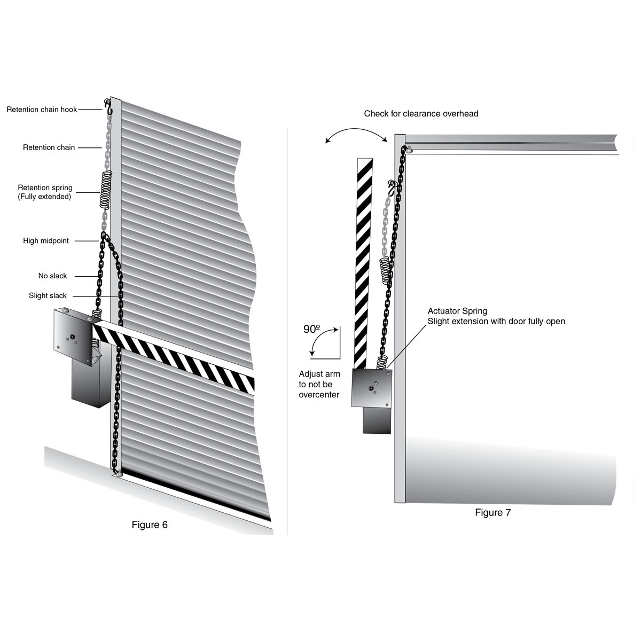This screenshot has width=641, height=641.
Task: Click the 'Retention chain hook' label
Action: click(x=42, y=110)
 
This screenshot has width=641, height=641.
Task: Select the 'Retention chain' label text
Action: click(x=49, y=147)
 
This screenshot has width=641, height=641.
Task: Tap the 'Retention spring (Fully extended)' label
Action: click(x=45, y=192)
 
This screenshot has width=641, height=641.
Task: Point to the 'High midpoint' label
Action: click(x=46, y=241)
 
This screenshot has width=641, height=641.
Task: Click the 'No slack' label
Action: click(x=53, y=276)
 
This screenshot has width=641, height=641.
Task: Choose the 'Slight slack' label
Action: click(x=48, y=296)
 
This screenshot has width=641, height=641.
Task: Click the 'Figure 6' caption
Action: click(x=150, y=525)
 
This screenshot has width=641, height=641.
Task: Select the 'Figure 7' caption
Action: click(x=493, y=513)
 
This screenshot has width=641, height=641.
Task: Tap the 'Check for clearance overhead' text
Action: click(x=421, y=114)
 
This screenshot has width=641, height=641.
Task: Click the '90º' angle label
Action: click(x=311, y=330)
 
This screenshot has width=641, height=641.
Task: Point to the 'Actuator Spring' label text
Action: click(x=457, y=311)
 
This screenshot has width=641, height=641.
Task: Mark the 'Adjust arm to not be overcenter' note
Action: click(x=319, y=385)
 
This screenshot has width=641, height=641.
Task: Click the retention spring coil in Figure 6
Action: click(x=106, y=190)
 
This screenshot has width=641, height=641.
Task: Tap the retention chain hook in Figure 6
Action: click(x=108, y=106)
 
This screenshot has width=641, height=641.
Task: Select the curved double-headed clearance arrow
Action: click(x=356, y=134)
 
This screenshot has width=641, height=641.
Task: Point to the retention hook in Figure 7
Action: click(x=394, y=187)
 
